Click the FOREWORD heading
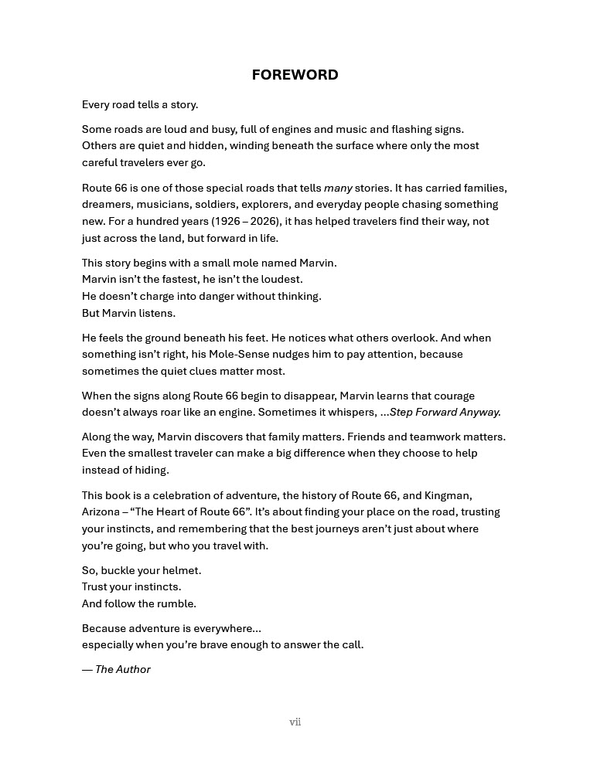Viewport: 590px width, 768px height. [x=295, y=75]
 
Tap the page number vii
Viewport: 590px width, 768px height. [x=295, y=722]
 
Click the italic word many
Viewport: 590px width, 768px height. [x=338, y=189]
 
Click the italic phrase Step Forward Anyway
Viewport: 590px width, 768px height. [x=445, y=413]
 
